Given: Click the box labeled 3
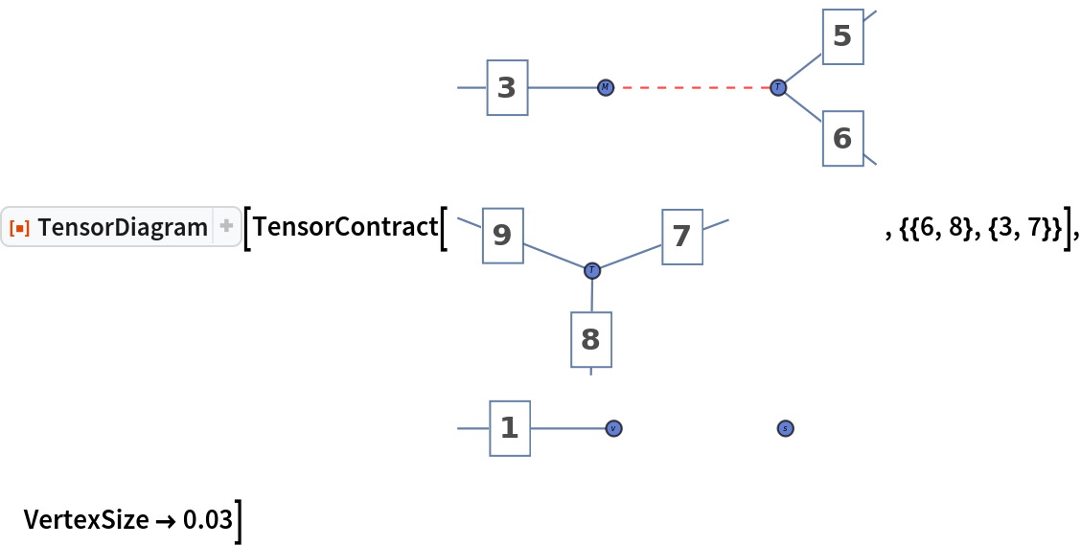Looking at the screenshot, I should [x=507, y=88].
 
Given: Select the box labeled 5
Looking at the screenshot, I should [x=842, y=36].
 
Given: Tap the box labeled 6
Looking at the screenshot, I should [x=842, y=138].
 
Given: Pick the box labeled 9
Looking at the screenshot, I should [x=502, y=235].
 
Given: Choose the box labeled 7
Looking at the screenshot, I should [x=681, y=235].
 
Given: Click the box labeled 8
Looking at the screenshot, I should [x=590, y=339].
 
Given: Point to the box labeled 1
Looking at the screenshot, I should [x=510, y=428].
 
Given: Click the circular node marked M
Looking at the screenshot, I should [x=606, y=87].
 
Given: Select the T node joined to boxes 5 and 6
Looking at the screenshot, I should [x=778, y=87].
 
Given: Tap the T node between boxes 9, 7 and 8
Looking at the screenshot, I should [x=592, y=271].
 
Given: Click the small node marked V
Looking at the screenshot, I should [x=613, y=428].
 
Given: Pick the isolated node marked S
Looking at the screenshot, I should [x=785, y=428].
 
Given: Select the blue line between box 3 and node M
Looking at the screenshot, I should [x=563, y=87].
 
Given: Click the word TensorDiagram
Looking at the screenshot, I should [x=123, y=227].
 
